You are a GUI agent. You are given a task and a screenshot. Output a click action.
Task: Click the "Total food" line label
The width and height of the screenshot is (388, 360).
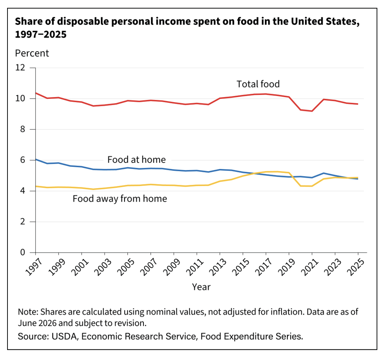[x=258, y=84]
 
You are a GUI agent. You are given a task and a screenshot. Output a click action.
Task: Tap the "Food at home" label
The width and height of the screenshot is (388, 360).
[x=136, y=160]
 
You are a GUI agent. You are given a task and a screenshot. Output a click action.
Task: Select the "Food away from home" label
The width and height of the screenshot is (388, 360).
[x=120, y=199]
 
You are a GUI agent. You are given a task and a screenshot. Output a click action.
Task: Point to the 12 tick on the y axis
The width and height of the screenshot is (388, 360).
[x=20, y=68]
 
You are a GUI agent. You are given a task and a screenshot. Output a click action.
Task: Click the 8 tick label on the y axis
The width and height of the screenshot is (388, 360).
[x=23, y=129]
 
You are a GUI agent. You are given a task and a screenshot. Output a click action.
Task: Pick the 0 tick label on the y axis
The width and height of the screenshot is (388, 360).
[x=23, y=253]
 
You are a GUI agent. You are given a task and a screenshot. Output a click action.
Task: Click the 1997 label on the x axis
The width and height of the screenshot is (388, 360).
[x=34, y=267]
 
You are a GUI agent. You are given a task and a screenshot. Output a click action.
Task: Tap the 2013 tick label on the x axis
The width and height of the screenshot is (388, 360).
[x=218, y=267]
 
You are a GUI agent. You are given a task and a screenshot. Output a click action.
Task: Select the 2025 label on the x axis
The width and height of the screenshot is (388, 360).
[x=356, y=267]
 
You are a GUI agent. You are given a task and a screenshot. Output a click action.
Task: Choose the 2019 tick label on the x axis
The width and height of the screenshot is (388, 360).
[x=287, y=267]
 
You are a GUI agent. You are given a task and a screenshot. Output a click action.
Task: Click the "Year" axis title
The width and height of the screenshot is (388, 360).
[x=201, y=287]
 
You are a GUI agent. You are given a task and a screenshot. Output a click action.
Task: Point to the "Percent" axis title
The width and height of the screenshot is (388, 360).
[x=32, y=53]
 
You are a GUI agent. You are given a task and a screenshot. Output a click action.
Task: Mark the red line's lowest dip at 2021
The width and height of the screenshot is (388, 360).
[x=312, y=111]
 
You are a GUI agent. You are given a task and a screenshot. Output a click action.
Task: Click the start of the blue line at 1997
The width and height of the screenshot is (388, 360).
[x=36, y=159]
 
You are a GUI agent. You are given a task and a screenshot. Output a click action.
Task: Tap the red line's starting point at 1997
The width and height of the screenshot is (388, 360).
[x=36, y=93]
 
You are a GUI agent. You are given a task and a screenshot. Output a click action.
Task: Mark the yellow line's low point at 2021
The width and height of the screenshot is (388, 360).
[x=312, y=186]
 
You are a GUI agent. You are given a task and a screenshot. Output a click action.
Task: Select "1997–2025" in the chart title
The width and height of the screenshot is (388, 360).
[x=41, y=35]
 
